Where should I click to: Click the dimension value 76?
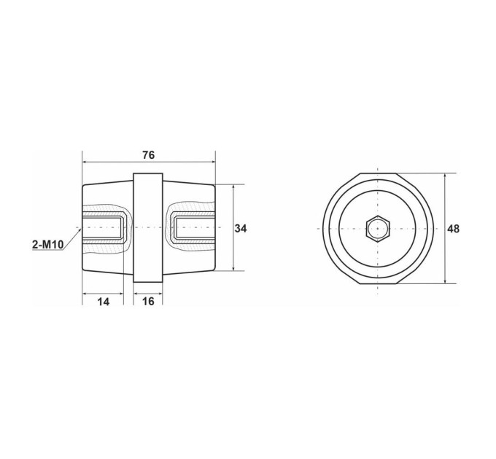148,155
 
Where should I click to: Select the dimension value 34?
241,228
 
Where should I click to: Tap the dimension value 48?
453,229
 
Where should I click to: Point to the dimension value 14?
103,302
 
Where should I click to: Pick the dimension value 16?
148,302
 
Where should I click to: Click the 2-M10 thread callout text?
47,244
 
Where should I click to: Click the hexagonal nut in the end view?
378,228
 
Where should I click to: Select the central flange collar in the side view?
148,227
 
